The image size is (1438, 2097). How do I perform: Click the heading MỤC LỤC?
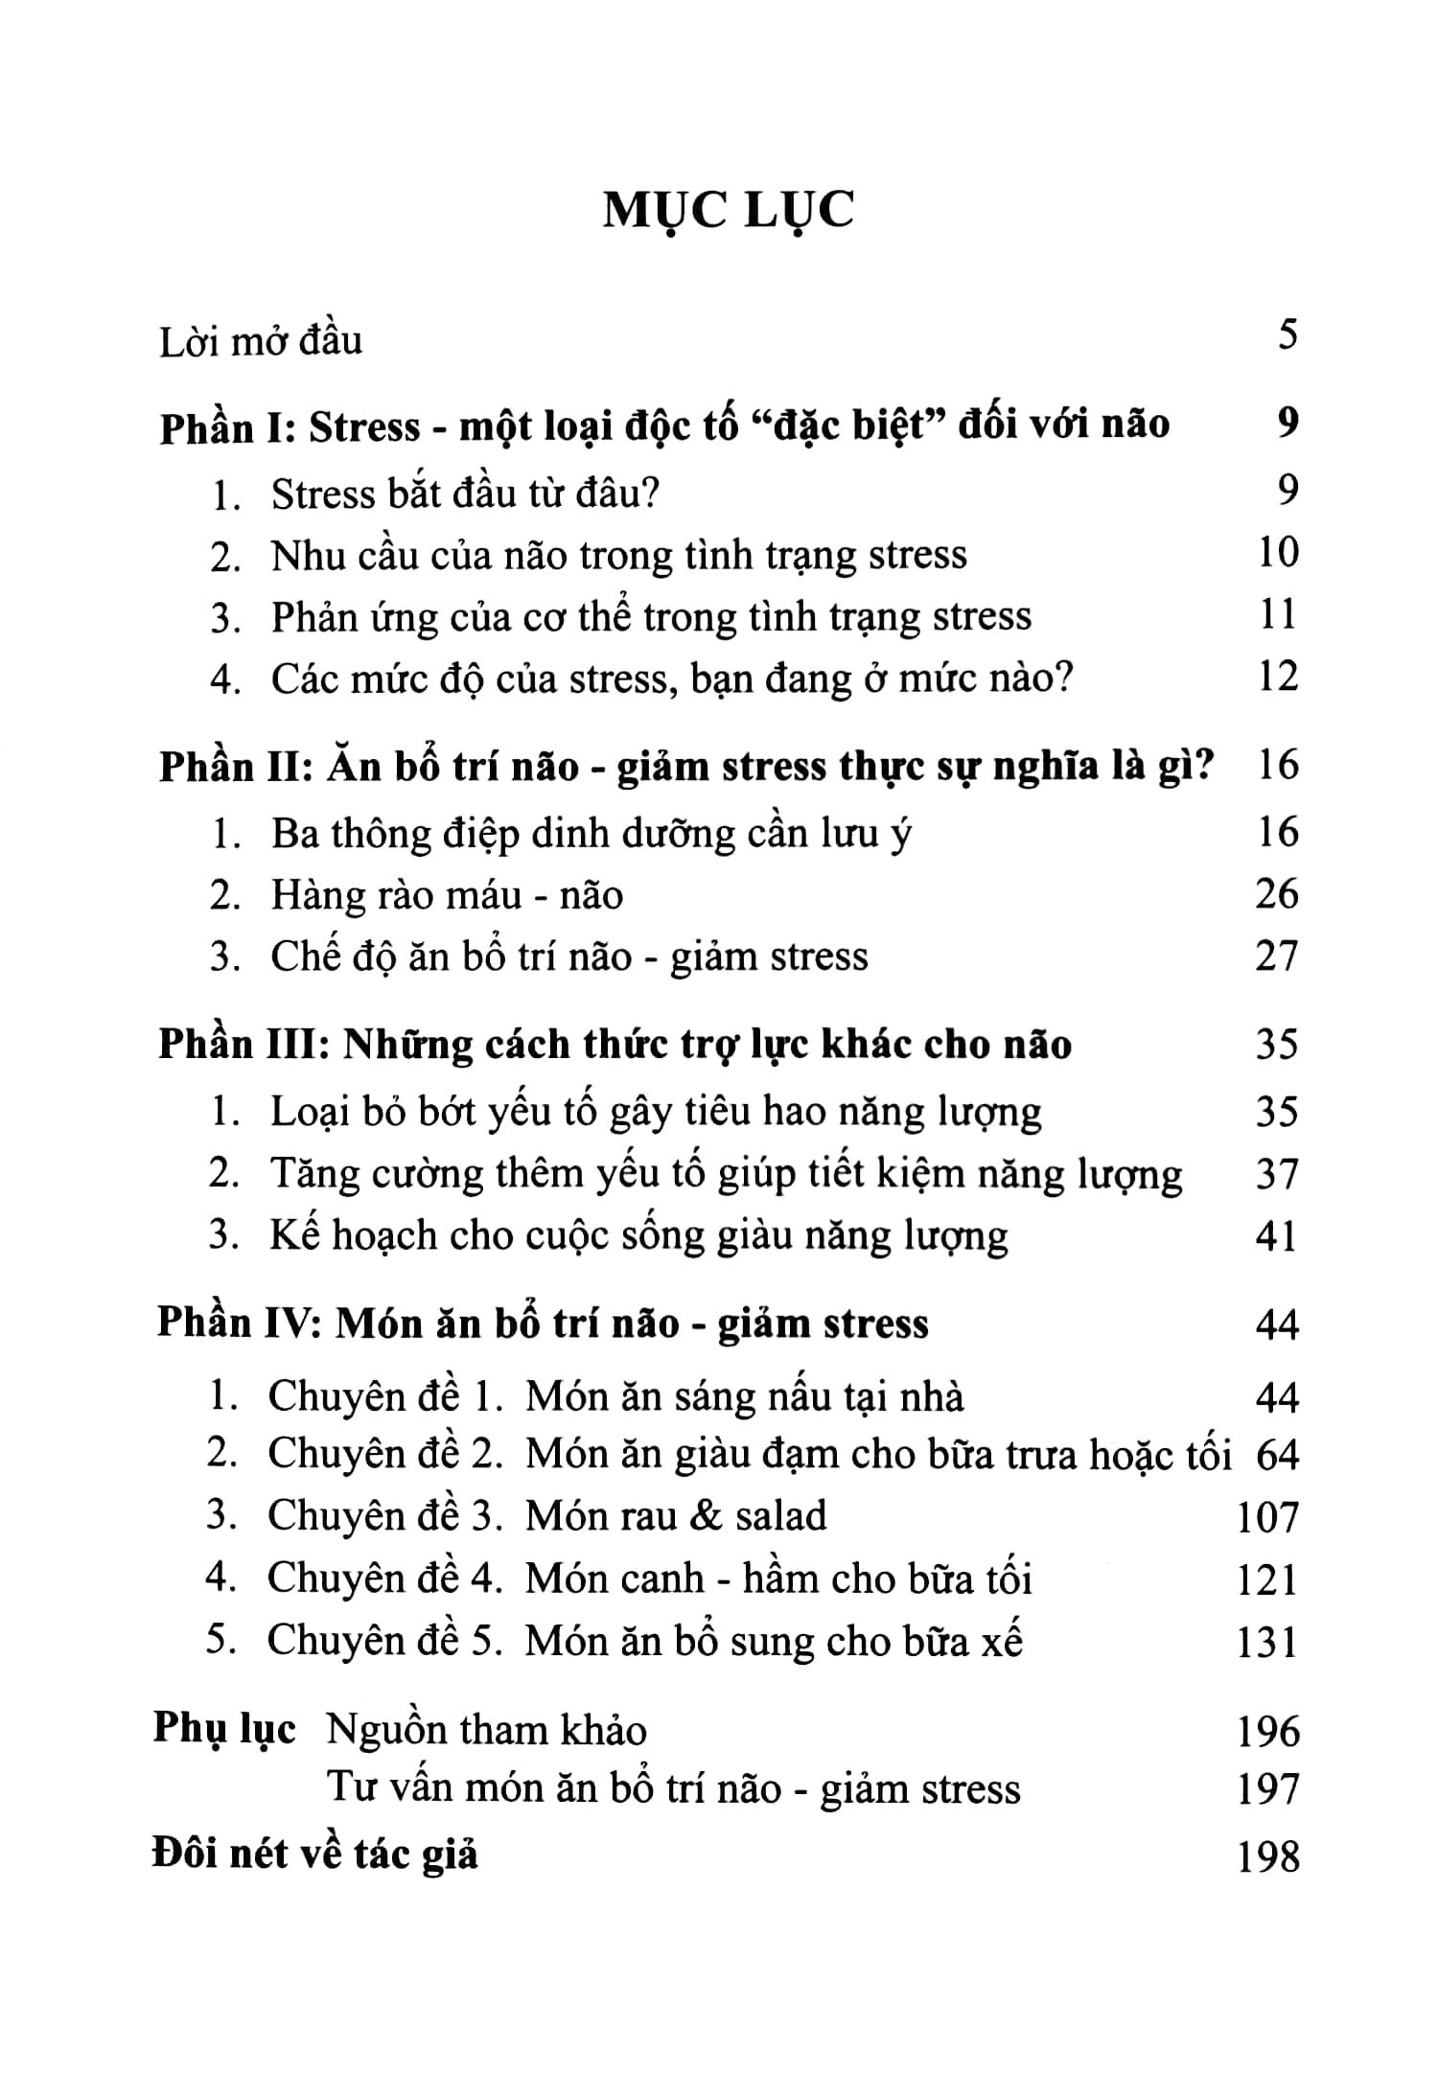click(x=728, y=211)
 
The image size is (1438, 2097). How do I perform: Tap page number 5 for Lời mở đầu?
click(x=1287, y=336)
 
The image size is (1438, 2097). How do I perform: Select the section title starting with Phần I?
click(x=663, y=425)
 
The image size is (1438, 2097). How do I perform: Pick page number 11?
click(x=1278, y=614)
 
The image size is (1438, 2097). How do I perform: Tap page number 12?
click(x=1278, y=677)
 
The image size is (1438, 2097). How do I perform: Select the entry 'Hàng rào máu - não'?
click(x=447, y=895)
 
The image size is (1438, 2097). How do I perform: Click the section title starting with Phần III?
click(x=615, y=1044)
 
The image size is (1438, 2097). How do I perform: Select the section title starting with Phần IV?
click(x=543, y=1324)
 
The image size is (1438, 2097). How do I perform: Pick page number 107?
click(x=1267, y=1517)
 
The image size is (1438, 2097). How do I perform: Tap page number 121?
click(x=1267, y=1579)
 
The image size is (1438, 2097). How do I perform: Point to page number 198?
click(x=1267, y=1856)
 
